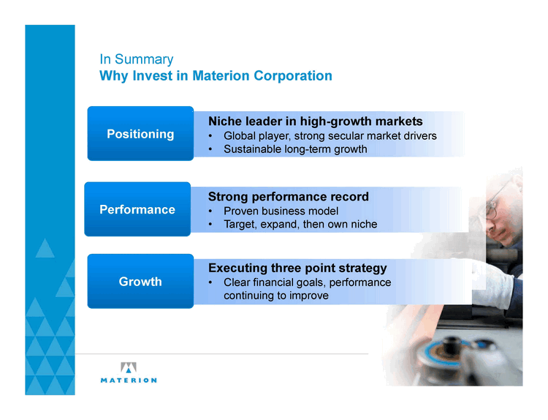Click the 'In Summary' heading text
137,59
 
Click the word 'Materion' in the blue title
221,75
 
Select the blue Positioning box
140,133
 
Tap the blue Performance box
137,209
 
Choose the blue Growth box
140,281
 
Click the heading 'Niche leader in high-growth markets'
315,121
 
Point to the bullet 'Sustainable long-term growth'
295,149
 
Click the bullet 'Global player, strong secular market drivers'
330,136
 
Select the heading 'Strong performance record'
289,196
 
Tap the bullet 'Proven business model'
281,211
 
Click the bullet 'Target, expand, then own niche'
300,224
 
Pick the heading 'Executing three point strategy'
297,268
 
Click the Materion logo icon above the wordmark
129,367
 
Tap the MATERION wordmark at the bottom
129,380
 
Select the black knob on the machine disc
450,345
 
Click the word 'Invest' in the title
153,75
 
